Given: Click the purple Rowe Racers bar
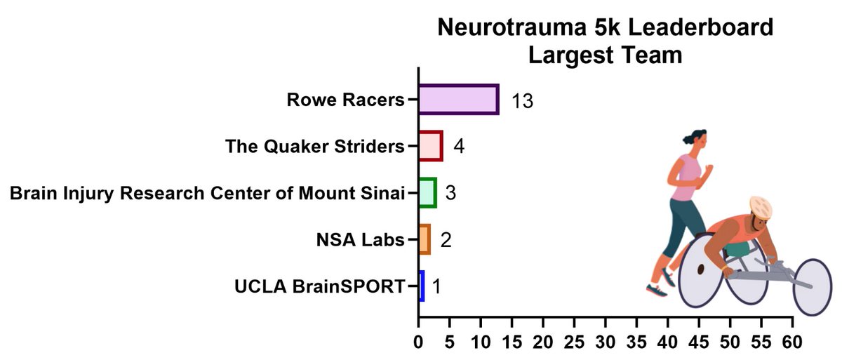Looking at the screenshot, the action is tap(458, 100).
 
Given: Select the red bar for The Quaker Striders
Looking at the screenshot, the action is tap(430, 146).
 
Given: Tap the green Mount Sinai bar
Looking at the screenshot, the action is tap(427, 192).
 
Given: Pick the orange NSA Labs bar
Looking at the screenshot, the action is tap(424, 239).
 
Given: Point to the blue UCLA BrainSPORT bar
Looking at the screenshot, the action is tap(422, 286).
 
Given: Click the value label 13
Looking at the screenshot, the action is tap(522, 101).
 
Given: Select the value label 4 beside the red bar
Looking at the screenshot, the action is tap(459, 147).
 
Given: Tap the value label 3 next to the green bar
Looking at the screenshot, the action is tap(451, 193).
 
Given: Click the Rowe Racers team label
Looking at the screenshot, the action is tap(346, 100).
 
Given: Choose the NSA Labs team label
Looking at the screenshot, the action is tap(361, 240).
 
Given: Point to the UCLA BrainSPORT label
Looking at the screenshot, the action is tap(321, 286).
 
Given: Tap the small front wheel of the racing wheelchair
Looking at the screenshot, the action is tap(816, 287).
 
